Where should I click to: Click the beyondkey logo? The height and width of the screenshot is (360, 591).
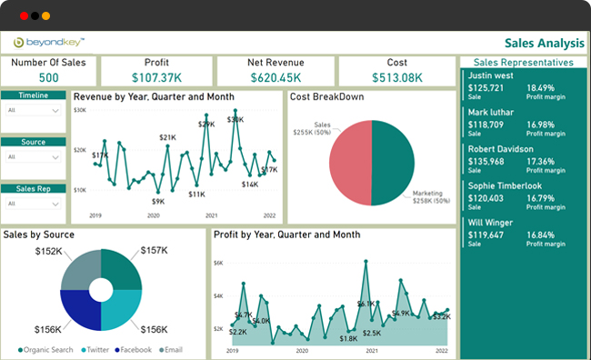tap(51, 42)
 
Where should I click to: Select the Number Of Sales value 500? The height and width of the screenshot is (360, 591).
tap(48, 77)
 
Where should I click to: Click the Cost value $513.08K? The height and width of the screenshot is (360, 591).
tap(396, 77)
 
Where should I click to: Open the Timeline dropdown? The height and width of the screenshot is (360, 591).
tap(34, 110)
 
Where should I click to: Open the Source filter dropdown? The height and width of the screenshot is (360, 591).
tap(34, 156)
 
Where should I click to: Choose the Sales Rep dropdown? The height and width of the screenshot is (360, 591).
tap(34, 203)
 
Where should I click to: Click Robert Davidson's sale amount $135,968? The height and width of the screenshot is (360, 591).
tap(486, 161)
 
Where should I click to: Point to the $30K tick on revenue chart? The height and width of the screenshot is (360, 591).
tap(80, 110)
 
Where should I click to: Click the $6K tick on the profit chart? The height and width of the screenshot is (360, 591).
tap(218, 264)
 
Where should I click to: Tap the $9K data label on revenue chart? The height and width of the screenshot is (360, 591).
tap(157, 201)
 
